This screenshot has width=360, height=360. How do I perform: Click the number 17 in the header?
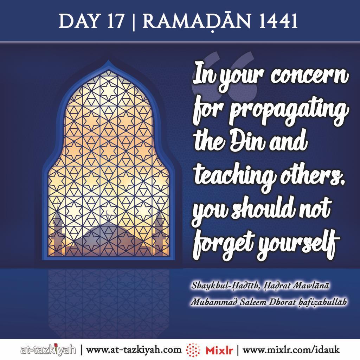pos(116,21)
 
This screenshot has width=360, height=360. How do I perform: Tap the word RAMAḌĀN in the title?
pos(197,21)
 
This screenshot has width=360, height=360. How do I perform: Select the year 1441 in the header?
pos(278,21)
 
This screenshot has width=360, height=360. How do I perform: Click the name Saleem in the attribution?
pos(255,302)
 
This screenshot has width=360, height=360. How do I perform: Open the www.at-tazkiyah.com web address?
pos(134,350)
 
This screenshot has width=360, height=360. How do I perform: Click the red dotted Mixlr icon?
pos(193,350)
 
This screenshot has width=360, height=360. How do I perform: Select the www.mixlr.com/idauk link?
pos(291,350)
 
